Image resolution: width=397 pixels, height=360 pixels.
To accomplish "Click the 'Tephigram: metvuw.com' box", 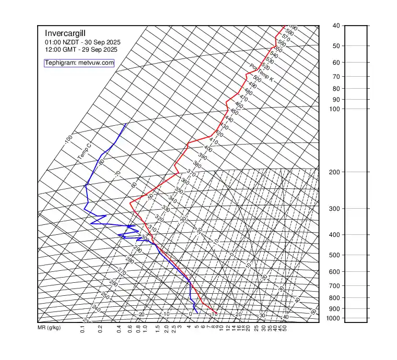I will click(x=79, y=63).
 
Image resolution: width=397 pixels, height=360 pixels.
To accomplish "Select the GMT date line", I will click(x=81, y=50).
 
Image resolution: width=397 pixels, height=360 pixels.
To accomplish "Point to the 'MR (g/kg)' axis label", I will click(x=49, y=328).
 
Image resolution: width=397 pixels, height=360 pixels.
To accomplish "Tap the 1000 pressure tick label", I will click(x=336, y=318).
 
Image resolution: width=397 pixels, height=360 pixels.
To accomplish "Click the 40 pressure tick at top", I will click(x=336, y=26).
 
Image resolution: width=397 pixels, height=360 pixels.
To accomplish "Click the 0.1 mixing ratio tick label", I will click(x=83, y=329).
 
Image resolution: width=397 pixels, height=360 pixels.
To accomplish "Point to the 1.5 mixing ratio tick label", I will click(x=158, y=329).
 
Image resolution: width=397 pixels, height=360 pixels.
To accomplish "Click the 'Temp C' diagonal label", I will click(x=84, y=151).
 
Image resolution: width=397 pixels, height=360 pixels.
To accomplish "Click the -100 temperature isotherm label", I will click(x=68, y=139).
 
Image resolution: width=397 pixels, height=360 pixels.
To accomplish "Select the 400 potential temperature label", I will click(x=208, y=149).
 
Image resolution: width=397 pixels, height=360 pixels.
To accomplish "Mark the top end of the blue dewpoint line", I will click(x=126, y=124).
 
